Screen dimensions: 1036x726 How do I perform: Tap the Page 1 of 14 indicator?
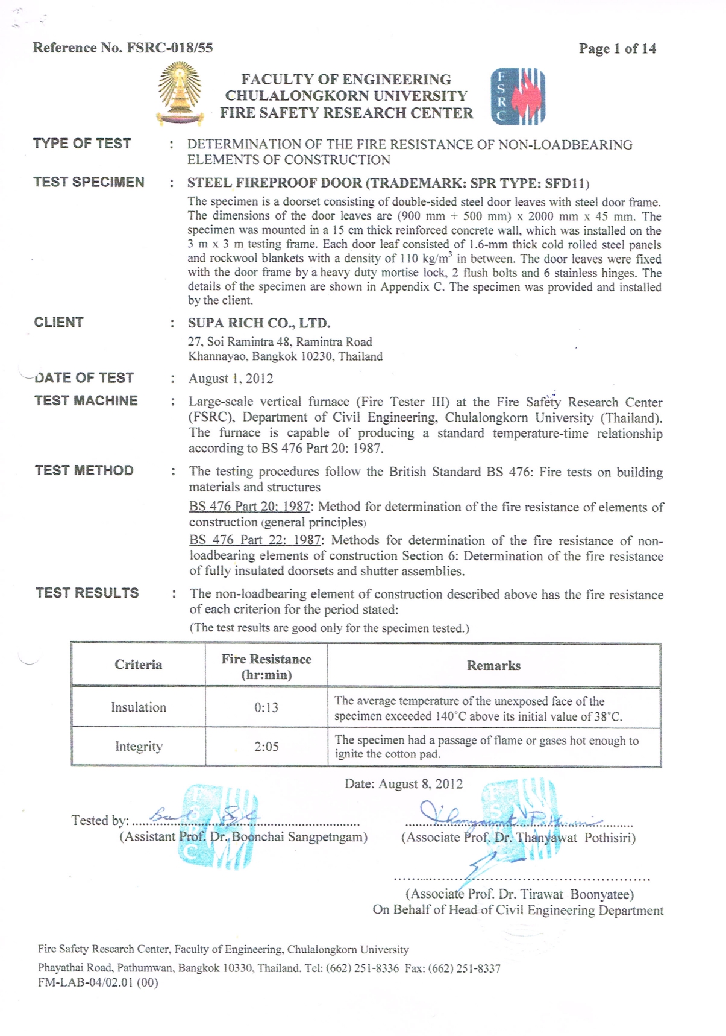617,49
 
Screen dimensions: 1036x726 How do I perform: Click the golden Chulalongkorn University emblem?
179,96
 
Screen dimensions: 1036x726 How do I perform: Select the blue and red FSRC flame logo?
518,96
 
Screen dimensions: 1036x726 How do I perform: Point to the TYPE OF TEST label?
82,144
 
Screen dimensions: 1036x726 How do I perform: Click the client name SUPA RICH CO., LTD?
259,323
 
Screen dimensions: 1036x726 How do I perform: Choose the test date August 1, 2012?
231,379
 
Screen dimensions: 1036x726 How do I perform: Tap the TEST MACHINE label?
86,401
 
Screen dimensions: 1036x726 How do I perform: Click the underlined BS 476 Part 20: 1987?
249,507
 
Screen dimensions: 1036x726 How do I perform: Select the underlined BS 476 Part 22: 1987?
255,540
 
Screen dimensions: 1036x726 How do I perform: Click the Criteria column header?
139,665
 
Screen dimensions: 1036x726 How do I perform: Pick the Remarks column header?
493,666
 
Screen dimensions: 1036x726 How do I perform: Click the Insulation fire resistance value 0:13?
266,707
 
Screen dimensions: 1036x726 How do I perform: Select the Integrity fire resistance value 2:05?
266,747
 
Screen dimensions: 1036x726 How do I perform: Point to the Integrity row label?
139,747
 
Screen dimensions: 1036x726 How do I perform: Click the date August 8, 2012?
404,784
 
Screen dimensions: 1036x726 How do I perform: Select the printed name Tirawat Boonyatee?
519,894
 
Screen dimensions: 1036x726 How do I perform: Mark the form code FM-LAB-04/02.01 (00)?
98,982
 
